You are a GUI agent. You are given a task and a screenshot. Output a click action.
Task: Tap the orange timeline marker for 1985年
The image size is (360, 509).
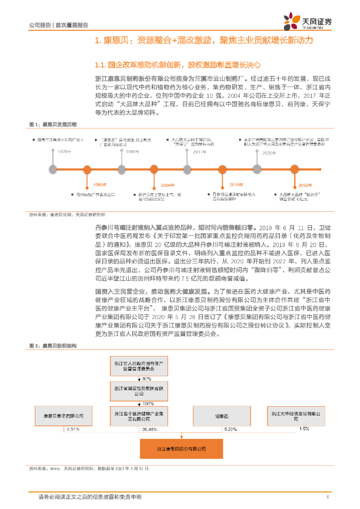coord(87,170)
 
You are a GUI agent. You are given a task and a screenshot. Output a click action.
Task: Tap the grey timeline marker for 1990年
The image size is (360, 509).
coord(121,170)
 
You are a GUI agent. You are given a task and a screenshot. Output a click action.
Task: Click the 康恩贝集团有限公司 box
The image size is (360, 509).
coord(64,415)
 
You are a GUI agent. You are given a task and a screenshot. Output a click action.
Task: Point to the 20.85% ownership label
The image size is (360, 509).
coord(150,428)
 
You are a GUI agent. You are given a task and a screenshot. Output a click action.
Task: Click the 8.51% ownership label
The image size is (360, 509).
coord(72,428)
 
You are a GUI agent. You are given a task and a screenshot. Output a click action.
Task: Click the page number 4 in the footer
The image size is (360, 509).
coord(327,497)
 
